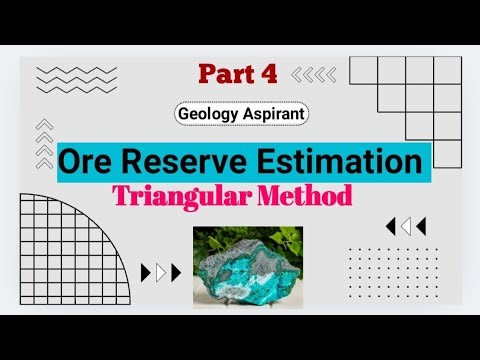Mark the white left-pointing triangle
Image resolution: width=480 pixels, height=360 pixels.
tap(406, 225)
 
